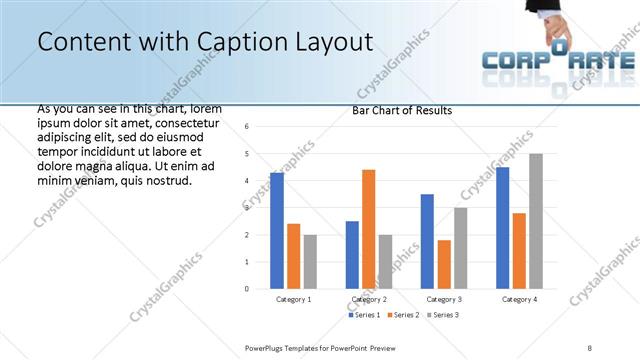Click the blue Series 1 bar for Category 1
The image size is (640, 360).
click(277, 231)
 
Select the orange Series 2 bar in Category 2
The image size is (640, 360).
click(369, 229)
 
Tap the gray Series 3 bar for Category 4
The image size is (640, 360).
click(536, 221)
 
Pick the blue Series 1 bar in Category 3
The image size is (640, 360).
click(427, 241)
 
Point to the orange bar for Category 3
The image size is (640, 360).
click(444, 264)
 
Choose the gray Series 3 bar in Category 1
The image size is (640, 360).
click(310, 261)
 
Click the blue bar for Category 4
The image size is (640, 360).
click(502, 228)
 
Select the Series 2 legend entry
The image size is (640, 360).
click(402, 315)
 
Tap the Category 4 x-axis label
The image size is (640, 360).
click(519, 299)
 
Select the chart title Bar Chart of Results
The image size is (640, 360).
click(402, 110)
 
